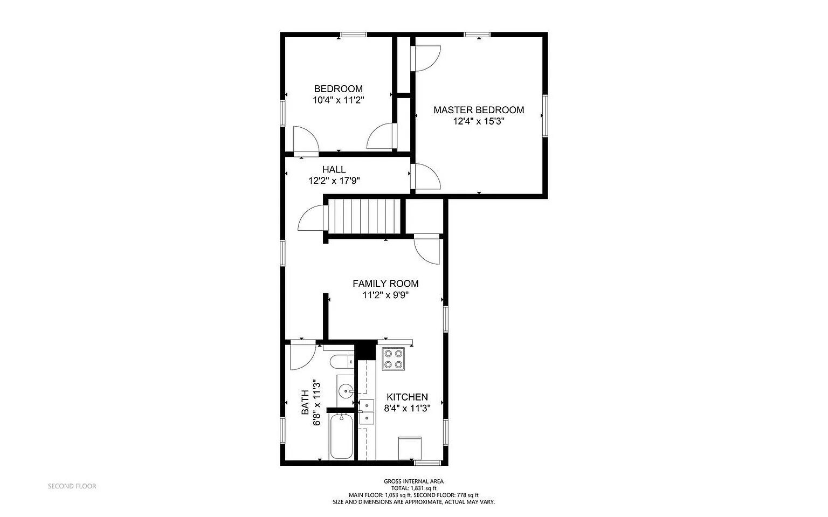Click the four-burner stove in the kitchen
click(x=393, y=359)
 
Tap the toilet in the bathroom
click(x=342, y=361)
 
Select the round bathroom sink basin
click(x=345, y=389)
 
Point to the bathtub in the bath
click(x=341, y=436)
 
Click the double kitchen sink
click(x=367, y=411)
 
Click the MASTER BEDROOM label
click(x=479, y=110)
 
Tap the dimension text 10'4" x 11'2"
click(x=339, y=100)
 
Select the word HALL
click(x=334, y=170)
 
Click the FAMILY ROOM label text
click(x=385, y=284)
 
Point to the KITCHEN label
click(x=407, y=397)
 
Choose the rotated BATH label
click(x=305, y=402)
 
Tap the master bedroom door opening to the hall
click(x=427, y=177)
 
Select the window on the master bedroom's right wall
click(x=545, y=115)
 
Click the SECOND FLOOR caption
click(x=72, y=486)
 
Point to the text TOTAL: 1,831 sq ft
click(x=413, y=488)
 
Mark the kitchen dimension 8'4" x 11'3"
click(x=407, y=409)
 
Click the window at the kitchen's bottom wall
click(x=427, y=463)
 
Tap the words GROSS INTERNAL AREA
click(x=413, y=481)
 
